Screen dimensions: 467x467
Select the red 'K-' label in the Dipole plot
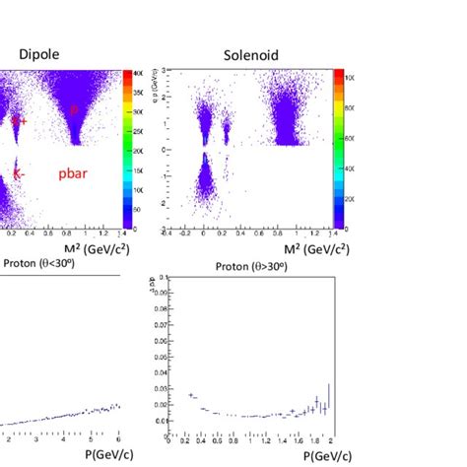click(x=19, y=172)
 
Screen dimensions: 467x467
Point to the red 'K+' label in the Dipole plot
click(x=19, y=120)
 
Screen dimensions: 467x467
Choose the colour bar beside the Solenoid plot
click(x=337, y=149)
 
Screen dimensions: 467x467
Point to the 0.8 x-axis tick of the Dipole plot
click(x=72, y=234)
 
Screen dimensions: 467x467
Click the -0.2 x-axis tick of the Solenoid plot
click(x=187, y=234)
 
